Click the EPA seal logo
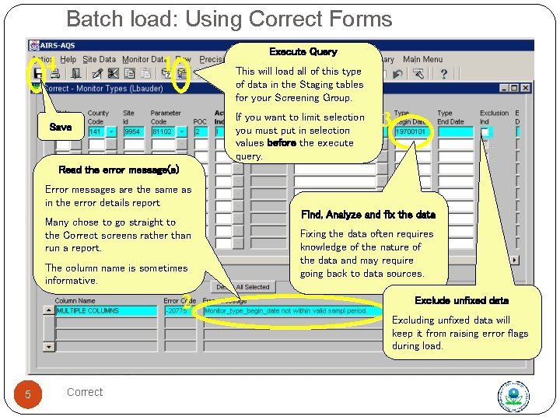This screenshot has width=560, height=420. coord(513,396)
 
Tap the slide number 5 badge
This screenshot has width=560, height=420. coord(27,395)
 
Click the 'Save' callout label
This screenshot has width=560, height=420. coord(60,126)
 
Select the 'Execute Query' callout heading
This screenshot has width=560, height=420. coord(303,52)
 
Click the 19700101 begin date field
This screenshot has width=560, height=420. coord(411,132)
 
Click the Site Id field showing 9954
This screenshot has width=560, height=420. coord(134,132)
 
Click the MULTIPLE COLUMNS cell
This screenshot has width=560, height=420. coord(104,310)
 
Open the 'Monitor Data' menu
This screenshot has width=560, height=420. coord(145,59)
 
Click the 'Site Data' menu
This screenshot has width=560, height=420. coord(99,59)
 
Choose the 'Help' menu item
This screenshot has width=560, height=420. coord(68,59)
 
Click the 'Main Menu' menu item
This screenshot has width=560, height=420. coord(422,59)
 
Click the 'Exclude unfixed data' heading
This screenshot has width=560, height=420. coord(461,300)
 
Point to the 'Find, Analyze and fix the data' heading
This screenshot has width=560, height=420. coord(368,215)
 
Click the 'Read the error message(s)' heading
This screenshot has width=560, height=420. coord(119,170)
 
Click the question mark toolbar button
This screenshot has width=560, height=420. coord(443,74)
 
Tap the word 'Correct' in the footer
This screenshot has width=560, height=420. coord(85,392)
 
